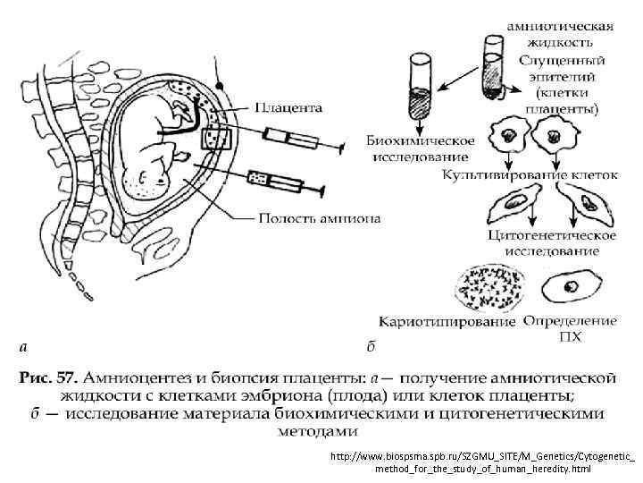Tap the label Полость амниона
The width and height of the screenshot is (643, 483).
pos(318,217)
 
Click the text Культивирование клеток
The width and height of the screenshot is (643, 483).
pos(526,175)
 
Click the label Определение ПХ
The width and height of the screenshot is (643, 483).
pos(570,328)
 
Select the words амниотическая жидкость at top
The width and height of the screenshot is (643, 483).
pos(560,34)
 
